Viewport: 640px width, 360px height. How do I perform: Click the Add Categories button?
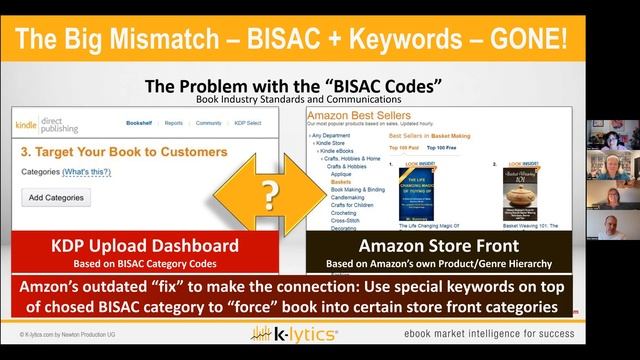tap(57, 197)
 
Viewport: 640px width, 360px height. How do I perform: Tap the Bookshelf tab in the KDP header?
tap(140, 124)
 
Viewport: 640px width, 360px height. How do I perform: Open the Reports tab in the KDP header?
tap(174, 124)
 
